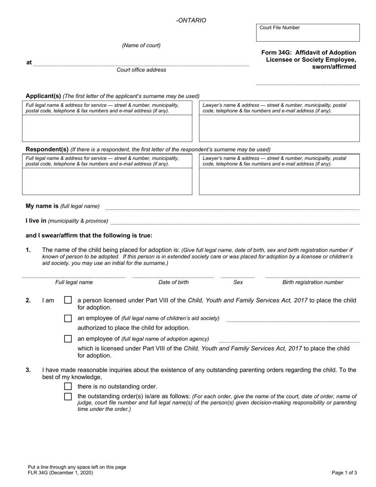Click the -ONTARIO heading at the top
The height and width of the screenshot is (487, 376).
(x=191, y=21)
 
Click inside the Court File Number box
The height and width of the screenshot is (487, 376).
(x=308, y=35)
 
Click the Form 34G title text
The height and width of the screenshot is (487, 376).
(x=309, y=59)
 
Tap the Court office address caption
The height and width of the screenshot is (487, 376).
(x=141, y=70)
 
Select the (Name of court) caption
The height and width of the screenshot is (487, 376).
(x=141, y=46)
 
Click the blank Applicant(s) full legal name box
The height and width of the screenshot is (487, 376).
(x=107, y=128)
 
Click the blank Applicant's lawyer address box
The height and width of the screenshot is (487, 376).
(x=279, y=128)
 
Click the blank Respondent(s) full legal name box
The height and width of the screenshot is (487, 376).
(x=107, y=181)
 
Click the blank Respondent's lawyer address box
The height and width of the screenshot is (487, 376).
(x=279, y=181)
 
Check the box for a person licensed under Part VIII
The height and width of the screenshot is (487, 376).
(x=68, y=301)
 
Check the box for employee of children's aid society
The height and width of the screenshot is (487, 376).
(x=68, y=318)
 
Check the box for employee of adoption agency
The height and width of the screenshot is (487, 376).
(x=68, y=339)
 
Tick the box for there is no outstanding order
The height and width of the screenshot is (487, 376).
(x=68, y=386)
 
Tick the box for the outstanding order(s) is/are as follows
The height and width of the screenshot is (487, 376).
(x=68, y=397)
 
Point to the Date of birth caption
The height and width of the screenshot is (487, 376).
(x=173, y=283)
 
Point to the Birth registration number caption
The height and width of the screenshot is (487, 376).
(x=312, y=283)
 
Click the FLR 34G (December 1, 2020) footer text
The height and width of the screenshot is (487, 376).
(x=61, y=473)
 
